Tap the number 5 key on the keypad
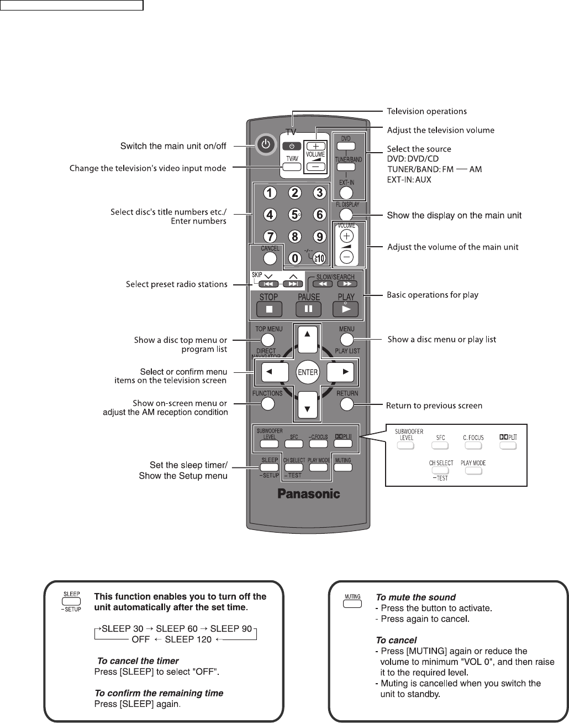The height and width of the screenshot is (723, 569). pyautogui.click(x=295, y=215)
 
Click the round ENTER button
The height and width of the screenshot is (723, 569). pyautogui.click(x=308, y=372)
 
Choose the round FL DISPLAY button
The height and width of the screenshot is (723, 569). pyautogui.click(x=346, y=215)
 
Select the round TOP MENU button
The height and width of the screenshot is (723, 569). pyautogui.click(x=268, y=340)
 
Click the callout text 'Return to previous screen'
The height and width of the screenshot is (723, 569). pyautogui.click(x=435, y=406)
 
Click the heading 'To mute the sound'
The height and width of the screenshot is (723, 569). pyautogui.click(x=415, y=597)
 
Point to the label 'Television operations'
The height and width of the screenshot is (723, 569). pyautogui.click(x=426, y=111)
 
